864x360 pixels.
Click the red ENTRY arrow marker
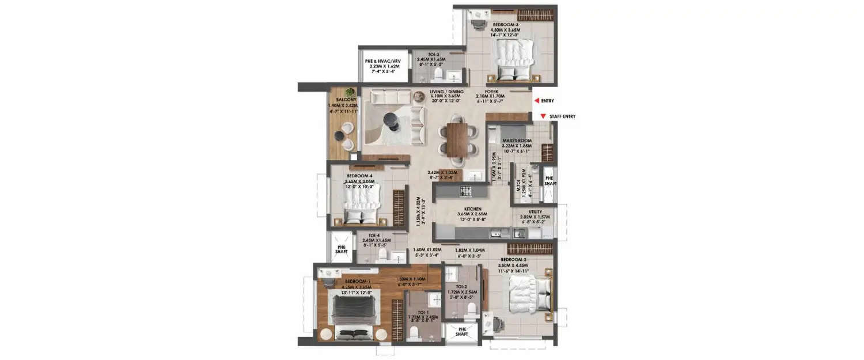pos(536,101)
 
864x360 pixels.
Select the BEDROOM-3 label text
pos(505,25)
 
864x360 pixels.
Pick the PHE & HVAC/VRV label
pos(383,61)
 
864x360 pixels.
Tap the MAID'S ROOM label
pos(516,141)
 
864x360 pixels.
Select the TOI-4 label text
pos(374,235)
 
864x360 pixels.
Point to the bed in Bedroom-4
pos(362,204)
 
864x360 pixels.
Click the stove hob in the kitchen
pos(465,191)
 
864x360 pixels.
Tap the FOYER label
pos(490,91)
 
